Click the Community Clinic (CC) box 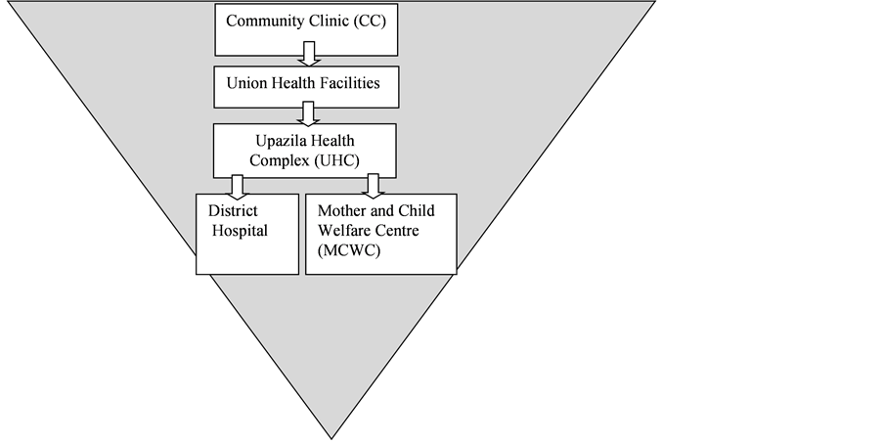pos(306,30)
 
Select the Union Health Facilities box pos(306,87)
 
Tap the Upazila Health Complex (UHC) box pos(305,151)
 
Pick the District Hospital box pos(247,235)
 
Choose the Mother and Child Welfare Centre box pos(381,235)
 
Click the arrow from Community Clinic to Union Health pos(309,54)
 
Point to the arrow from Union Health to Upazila pos(307,113)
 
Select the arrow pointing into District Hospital pos(237,187)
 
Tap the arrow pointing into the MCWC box pos(373,186)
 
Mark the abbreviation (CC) pos(370,22)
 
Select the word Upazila pos(278,141)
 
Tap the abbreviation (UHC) pos(336,160)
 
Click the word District pos(233,210)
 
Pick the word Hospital pos(240,231)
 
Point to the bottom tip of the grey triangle pos(331,439)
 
